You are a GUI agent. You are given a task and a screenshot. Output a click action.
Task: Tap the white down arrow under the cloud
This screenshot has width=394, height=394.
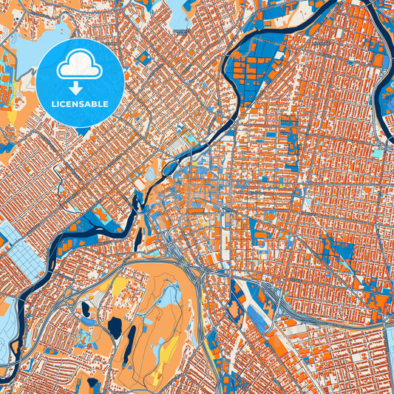(80, 88)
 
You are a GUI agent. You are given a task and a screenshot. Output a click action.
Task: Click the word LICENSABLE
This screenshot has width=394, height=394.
(80, 104)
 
